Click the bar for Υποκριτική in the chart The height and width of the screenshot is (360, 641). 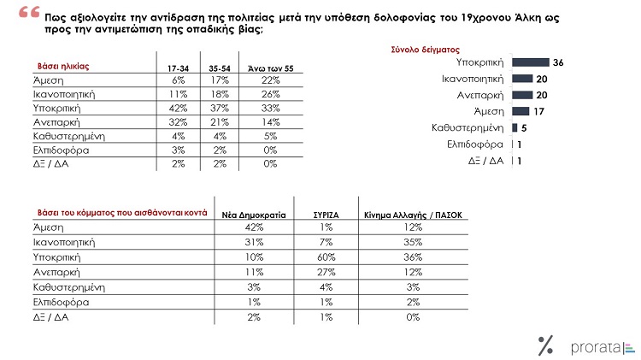point(531,62)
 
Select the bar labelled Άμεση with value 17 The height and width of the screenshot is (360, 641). point(520,111)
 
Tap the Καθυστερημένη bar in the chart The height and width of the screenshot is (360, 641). point(515,127)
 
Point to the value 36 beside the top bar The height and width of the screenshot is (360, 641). point(558,62)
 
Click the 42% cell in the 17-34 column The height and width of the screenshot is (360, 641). point(179,109)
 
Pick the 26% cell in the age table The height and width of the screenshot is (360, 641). point(271,94)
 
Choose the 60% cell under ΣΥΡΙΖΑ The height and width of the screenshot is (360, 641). point(326,257)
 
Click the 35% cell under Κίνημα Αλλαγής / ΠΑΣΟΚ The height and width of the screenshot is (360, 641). point(413,242)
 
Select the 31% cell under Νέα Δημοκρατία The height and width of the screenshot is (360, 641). point(254,242)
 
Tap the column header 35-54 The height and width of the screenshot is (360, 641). point(220,68)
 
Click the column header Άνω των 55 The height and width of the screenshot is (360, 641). point(271,68)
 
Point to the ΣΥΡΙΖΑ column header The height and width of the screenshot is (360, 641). point(326,215)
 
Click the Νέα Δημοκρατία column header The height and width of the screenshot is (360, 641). point(254,215)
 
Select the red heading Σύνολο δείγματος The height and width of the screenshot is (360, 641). point(425,50)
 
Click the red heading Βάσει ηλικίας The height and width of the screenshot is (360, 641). point(63,67)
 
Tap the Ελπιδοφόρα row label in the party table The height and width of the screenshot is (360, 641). point(61,303)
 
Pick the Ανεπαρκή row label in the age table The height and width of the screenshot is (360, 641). point(56,122)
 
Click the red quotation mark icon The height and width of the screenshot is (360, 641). point(29,12)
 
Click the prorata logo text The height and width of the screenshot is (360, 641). point(596,348)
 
